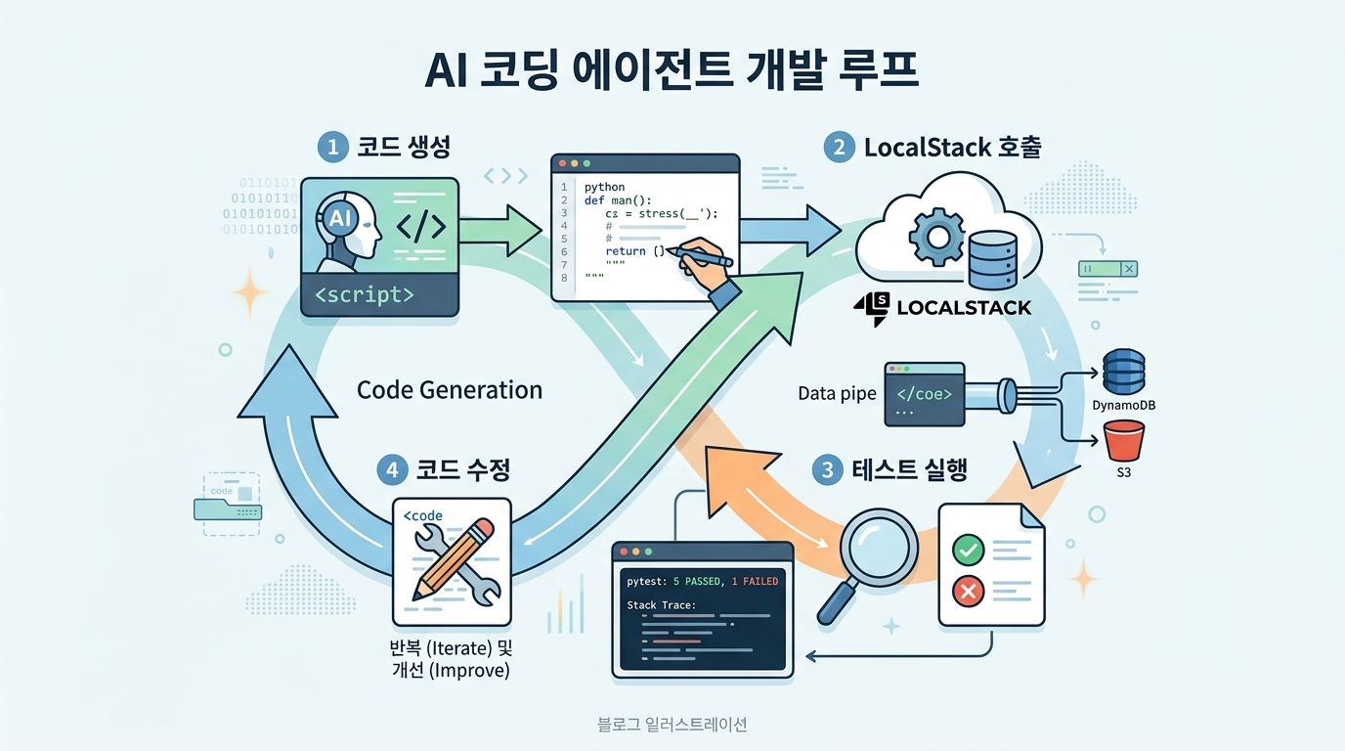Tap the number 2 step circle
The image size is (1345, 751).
(x=838, y=148)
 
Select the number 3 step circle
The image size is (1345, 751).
(x=828, y=469)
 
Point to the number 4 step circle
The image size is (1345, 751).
(x=392, y=469)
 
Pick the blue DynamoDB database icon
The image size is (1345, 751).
(x=1122, y=373)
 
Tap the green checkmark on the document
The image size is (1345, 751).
(x=968, y=551)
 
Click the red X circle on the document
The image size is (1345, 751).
(x=968, y=592)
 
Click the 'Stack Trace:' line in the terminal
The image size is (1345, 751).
(x=661, y=605)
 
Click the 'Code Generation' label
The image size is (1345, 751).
(x=450, y=389)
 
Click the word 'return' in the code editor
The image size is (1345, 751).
(x=626, y=251)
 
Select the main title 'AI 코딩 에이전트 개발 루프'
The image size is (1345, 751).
(x=672, y=73)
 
